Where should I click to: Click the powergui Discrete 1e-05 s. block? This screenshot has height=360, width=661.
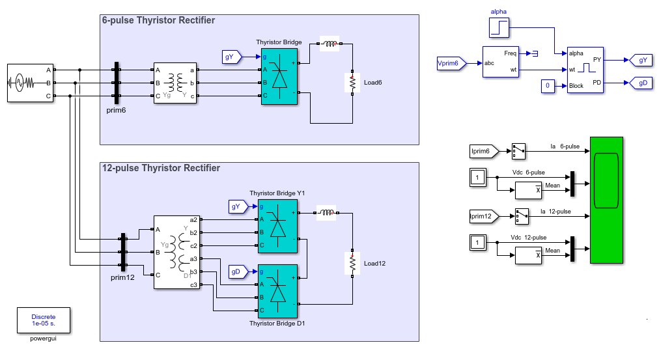[x=44, y=320]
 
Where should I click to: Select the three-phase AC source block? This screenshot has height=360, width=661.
[x=31, y=83]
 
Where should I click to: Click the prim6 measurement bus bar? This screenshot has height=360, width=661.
[x=117, y=83]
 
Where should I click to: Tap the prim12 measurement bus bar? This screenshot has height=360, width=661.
[x=123, y=252]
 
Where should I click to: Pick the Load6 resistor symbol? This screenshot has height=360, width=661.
[x=352, y=83]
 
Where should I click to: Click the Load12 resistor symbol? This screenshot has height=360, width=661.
[x=352, y=264]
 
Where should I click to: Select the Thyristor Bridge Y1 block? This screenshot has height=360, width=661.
[x=277, y=227]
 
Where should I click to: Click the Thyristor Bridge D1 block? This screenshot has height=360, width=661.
[x=277, y=291]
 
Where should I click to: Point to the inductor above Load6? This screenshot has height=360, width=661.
[x=330, y=44]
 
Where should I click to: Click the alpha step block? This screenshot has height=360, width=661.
[x=499, y=28]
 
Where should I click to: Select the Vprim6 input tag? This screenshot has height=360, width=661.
[x=451, y=64]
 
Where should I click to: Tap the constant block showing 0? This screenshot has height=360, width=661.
[x=548, y=86]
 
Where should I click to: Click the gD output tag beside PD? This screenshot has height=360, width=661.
[x=641, y=83]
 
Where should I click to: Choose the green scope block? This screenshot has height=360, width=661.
[x=606, y=201]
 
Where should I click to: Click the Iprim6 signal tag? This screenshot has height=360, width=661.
[x=484, y=151]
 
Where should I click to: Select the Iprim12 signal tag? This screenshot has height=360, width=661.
[x=484, y=216]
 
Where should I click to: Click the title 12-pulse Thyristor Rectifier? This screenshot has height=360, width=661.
[x=161, y=168]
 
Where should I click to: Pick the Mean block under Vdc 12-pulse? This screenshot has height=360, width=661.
[x=529, y=256]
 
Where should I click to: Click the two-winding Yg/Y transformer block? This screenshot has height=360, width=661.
[x=175, y=83]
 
